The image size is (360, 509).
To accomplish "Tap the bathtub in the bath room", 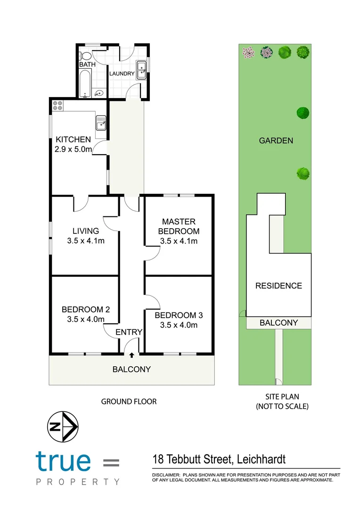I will click(x=85, y=83).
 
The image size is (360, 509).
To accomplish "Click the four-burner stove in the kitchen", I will click(x=58, y=106).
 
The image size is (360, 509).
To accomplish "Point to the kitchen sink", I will click(x=101, y=123).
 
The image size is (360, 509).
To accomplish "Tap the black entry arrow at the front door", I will click(x=131, y=355).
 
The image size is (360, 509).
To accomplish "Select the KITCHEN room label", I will click(x=73, y=140).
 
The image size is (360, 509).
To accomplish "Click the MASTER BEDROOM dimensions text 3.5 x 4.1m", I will click(x=179, y=241).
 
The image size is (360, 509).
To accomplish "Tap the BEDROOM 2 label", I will click(x=86, y=310).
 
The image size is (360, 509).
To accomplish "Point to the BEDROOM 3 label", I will click(x=179, y=315).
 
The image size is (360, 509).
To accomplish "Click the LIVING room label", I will click(x=86, y=231).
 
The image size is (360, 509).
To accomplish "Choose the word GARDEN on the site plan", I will click(x=276, y=140).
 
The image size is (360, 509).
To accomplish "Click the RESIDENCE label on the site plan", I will click(x=278, y=286).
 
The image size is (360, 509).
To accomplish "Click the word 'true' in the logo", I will click(x=63, y=461).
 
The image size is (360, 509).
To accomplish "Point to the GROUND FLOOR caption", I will click(x=129, y=402).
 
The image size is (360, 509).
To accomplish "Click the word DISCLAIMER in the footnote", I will click(x=165, y=475).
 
